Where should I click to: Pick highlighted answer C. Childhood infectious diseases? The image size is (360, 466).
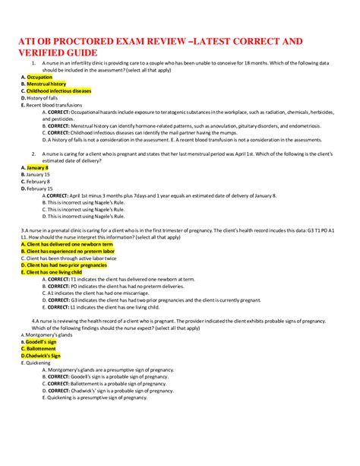click(56, 90)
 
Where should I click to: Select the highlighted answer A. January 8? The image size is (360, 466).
click(35, 167)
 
